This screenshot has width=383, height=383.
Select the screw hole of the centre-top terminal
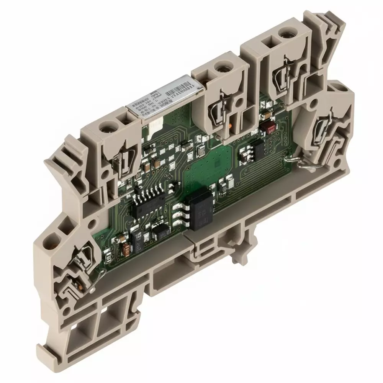220,69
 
